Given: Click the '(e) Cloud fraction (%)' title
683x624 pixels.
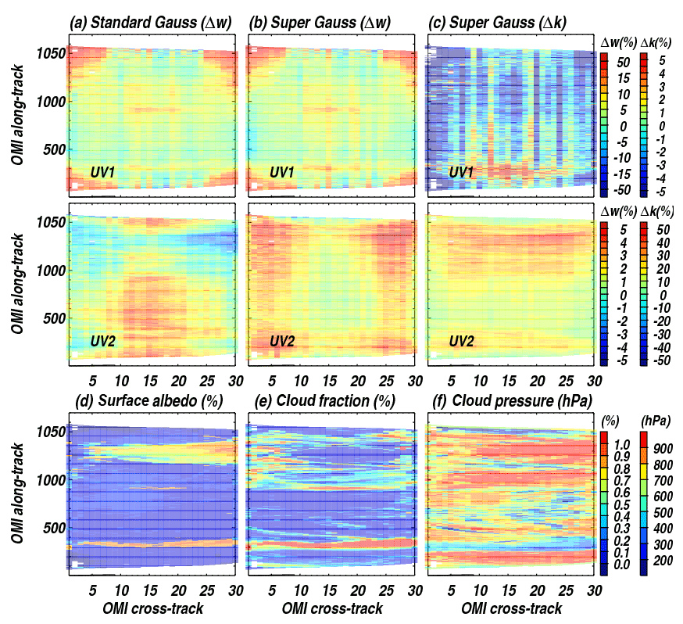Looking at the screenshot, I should tap(322, 401).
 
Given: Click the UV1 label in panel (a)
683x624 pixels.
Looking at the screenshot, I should tap(103, 171).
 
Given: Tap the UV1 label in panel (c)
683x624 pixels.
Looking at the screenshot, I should tap(463, 171).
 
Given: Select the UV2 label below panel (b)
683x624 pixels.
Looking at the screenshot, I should tap(283, 341).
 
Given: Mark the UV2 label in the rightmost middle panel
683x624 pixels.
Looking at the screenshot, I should tap(463, 341).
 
